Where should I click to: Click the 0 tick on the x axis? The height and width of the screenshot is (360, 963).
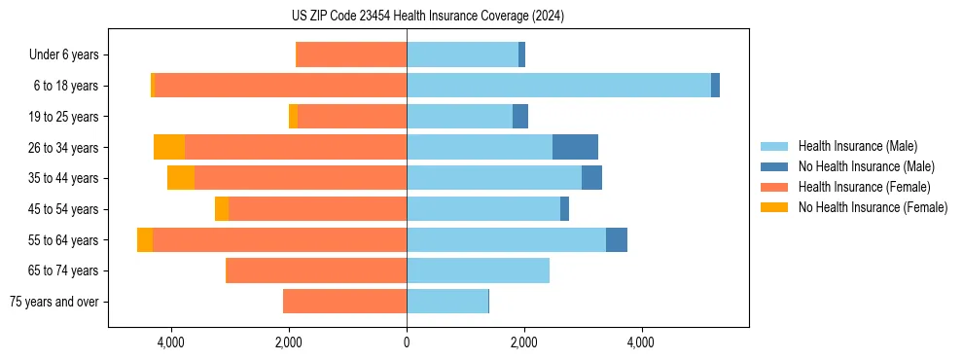pyautogui.click(x=407, y=342)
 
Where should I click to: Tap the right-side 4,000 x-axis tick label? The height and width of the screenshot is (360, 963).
pyautogui.click(x=641, y=342)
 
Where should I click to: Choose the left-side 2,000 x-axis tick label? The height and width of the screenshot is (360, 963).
pyautogui.click(x=289, y=342)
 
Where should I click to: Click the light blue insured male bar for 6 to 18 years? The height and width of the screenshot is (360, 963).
pyautogui.click(x=558, y=86)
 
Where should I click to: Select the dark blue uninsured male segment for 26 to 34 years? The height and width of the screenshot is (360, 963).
pyautogui.click(x=575, y=147)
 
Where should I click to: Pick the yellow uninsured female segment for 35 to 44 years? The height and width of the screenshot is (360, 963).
pyautogui.click(x=181, y=178)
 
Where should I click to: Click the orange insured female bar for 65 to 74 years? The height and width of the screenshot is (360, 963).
pyautogui.click(x=316, y=270)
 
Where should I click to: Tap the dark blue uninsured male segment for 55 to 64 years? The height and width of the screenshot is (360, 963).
pyautogui.click(x=617, y=239)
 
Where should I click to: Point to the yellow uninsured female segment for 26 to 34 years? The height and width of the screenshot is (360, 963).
pyautogui.click(x=169, y=147)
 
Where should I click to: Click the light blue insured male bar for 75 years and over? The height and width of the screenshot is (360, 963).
pyautogui.click(x=447, y=302)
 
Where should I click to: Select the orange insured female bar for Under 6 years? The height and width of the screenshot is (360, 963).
pyautogui.click(x=351, y=55)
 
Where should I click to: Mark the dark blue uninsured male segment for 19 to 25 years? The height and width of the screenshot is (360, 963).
pyautogui.click(x=520, y=117)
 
